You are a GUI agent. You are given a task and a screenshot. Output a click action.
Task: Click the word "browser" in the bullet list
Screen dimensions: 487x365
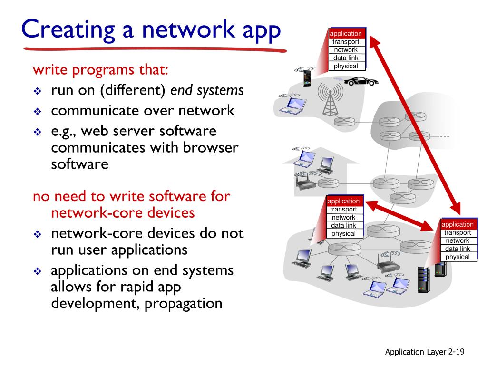tap(211, 147)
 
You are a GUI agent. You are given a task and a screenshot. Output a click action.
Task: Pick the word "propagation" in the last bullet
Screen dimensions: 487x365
tap(184, 303)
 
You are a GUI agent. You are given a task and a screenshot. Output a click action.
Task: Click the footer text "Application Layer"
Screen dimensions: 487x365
tap(411, 352)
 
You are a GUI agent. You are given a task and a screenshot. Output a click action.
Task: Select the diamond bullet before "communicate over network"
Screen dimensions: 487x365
tap(38, 112)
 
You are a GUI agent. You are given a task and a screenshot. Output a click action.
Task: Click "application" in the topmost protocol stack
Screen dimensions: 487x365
tap(346, 34)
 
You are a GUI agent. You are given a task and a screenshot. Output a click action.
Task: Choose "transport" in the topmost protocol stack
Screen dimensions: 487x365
tap(346, 42)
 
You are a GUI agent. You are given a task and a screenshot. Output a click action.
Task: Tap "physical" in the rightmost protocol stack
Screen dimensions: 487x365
tap(458, 257)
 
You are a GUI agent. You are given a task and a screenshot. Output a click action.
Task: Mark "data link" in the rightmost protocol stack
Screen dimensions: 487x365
tap(458, 249)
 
